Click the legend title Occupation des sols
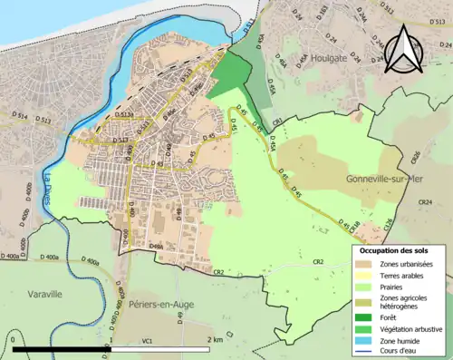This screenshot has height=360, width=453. [x=395, y=250]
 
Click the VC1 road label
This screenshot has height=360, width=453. [x=146, y=341]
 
